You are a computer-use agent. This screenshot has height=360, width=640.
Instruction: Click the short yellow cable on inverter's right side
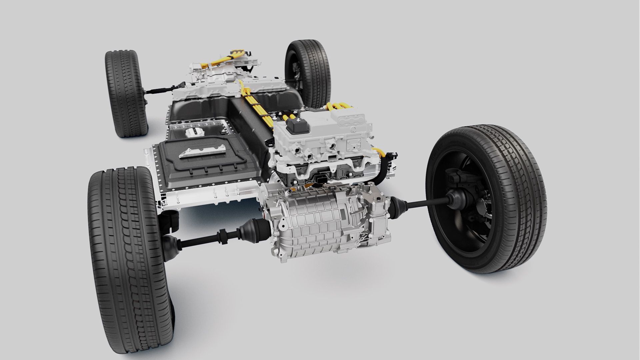pyautogui.click(x=380, y=152)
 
